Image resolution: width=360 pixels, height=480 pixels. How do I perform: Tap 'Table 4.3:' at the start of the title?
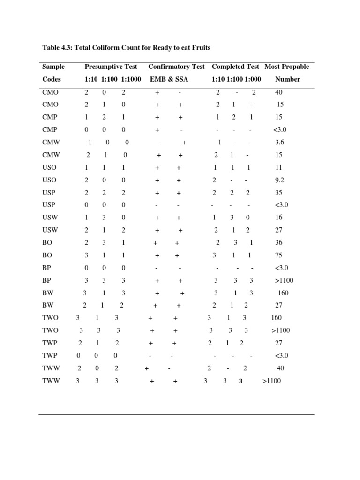coord(57,48)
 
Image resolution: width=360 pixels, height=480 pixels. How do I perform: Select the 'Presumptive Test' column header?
coord(111,67)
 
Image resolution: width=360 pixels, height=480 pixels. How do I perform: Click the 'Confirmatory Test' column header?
coord(176,67)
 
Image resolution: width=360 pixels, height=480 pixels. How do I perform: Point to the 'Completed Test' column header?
coord(235,67)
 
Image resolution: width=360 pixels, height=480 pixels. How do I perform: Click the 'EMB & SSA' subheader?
coord(168,79)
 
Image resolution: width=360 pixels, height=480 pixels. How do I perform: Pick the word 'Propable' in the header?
coord(295,67)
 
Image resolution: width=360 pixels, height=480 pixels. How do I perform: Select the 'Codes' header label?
coord(52,79)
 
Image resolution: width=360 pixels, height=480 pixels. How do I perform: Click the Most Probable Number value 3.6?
coord(280,142)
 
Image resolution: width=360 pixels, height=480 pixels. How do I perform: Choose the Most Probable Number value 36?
coord(280,243)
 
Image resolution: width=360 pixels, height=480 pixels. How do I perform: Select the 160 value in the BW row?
coord(283,293)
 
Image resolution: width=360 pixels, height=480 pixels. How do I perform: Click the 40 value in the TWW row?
coord(280,368)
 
